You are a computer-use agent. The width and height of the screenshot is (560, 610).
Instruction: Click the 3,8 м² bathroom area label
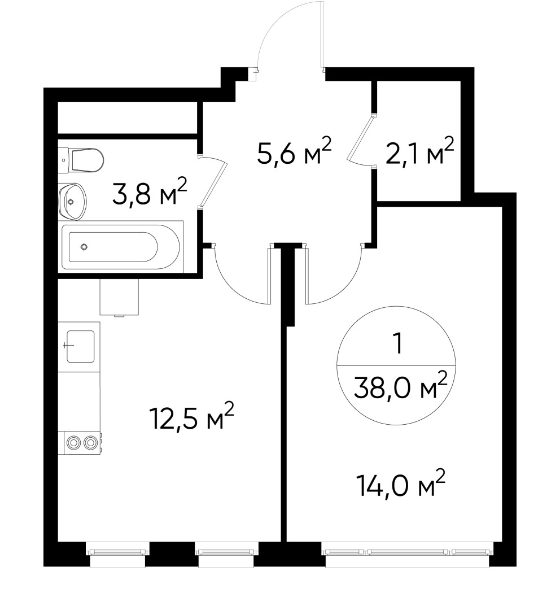150,193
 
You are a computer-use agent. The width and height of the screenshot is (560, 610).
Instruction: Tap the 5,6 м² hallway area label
293,153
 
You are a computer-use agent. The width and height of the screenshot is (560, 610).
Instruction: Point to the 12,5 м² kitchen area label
191,418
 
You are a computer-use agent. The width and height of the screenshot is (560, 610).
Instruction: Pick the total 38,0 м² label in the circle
401,386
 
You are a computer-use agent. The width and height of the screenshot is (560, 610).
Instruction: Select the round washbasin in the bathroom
72,201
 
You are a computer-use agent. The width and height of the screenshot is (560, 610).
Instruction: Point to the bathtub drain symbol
84,247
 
